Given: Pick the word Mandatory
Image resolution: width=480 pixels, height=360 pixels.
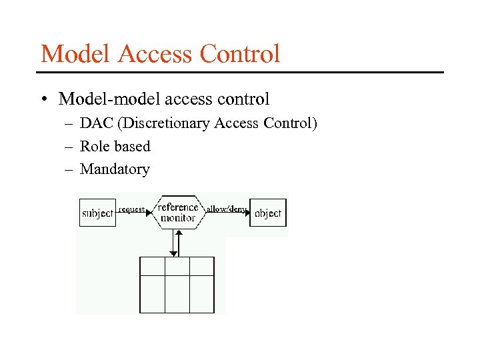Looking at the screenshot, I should click(115, 169).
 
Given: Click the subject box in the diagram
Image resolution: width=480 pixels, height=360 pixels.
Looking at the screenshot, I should click(97, 213).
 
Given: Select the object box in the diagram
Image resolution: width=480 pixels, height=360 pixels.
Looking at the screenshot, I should click(268, 213).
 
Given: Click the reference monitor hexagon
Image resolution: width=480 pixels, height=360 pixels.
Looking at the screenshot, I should click(178, 213).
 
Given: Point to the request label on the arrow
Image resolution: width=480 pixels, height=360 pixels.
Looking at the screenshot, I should click(131, 209).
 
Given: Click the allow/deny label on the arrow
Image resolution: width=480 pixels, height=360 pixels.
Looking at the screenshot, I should click(226, 209).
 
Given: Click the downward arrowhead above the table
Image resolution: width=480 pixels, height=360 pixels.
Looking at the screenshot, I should click(173, 253).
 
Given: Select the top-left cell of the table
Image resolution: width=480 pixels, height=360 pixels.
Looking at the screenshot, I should click(152, 265).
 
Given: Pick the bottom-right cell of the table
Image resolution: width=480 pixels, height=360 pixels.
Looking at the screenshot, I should click(202, 293).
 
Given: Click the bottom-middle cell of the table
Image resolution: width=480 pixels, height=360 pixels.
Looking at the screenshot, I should click(177, 293).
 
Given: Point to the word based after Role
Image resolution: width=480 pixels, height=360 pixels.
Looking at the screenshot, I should click(131, 146).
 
